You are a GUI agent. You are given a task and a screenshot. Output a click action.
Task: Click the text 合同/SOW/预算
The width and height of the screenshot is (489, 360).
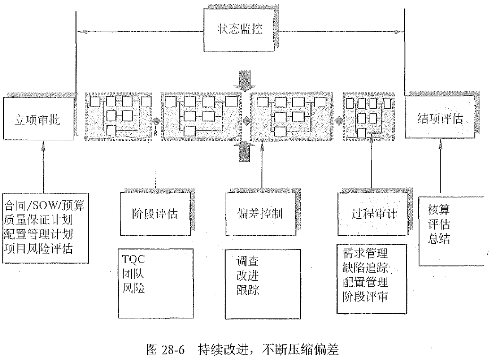tap(45, 206)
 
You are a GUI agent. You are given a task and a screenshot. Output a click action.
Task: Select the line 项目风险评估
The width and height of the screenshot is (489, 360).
tap(39, 248)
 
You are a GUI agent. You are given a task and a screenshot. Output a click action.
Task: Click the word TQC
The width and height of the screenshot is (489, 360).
tap(134, 259)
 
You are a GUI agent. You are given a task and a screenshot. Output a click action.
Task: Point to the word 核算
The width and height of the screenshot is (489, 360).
tap(439, 209)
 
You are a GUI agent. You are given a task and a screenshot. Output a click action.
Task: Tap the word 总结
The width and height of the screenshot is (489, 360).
tap(439, 239)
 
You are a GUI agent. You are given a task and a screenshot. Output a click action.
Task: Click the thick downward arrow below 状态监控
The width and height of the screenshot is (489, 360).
tap(245, 80)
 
